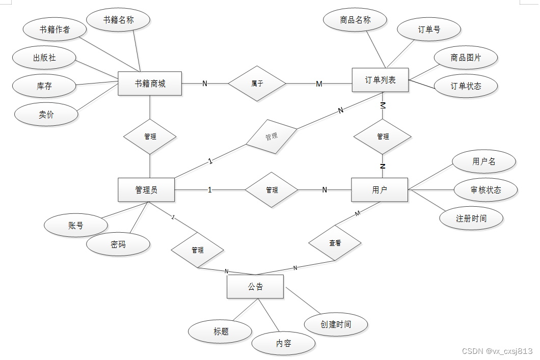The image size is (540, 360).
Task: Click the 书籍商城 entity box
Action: pyautogui.click(x=150, y=84)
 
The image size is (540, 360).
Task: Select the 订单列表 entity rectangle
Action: pyautogui.click(x=380, y=80)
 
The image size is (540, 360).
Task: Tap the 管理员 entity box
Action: pyautogui.click(x=146, y=190)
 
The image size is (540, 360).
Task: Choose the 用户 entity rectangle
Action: pyautogui.click(x=380, y=190)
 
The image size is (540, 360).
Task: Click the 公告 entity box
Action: pyautogui.click(x=255, y=287)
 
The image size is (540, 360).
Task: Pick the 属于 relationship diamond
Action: pyautogui.click(x=257, y=84)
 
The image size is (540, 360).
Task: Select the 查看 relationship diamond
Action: pyautogui.click(x=335, y=243)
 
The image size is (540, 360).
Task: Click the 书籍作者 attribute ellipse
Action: pyautogui.click(x=55, y=30)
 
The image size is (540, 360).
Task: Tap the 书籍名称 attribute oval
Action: pyautogui.click(x=118, y=20)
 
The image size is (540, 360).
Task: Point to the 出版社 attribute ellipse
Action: pyautogui.click(x=44, y=58)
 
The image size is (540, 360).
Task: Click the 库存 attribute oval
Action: pyautogui.click(x=44, y=86)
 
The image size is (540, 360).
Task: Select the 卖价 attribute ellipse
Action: pyautogui.click(x=46, y=115)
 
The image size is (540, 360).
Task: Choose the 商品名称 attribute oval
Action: pyautogui.click(x=355, y=20)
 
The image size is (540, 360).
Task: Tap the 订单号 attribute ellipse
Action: pyautogui.click(x=429, y=30)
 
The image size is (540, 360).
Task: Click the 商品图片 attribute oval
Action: pyautogui.click(x=466, y=58)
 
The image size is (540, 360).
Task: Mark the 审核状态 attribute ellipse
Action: pyautogui.click(x=485, y=190)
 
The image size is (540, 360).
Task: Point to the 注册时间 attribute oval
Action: pyautogui.click(x=471, y=218)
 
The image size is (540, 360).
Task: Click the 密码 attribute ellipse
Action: pyautogui.click(x=118, y=244)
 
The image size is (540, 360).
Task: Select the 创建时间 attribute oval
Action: pyautogui.click(x=336, y=324)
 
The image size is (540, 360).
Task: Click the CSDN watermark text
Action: pyautogui.click(x=497, y=351)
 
